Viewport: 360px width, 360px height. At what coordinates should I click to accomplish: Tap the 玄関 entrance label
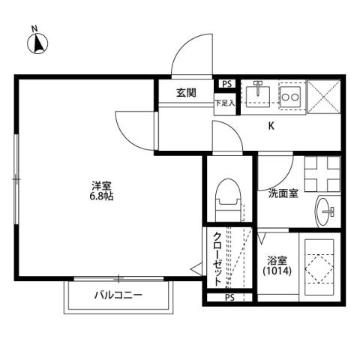186,93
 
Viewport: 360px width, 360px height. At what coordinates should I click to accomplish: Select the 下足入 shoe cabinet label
225,102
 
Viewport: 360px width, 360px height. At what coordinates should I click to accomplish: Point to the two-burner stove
290,96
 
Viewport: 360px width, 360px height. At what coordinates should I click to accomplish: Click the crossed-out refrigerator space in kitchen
325,95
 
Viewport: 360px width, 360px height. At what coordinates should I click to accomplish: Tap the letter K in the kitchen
271,126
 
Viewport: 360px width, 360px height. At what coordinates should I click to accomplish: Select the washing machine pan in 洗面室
322,173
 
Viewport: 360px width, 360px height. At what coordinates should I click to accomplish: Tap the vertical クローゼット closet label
217,259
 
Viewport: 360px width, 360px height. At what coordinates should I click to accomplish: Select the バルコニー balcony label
118,295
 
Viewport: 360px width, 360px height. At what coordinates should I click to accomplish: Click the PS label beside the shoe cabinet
226,85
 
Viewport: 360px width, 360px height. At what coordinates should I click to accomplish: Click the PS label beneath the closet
229,298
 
